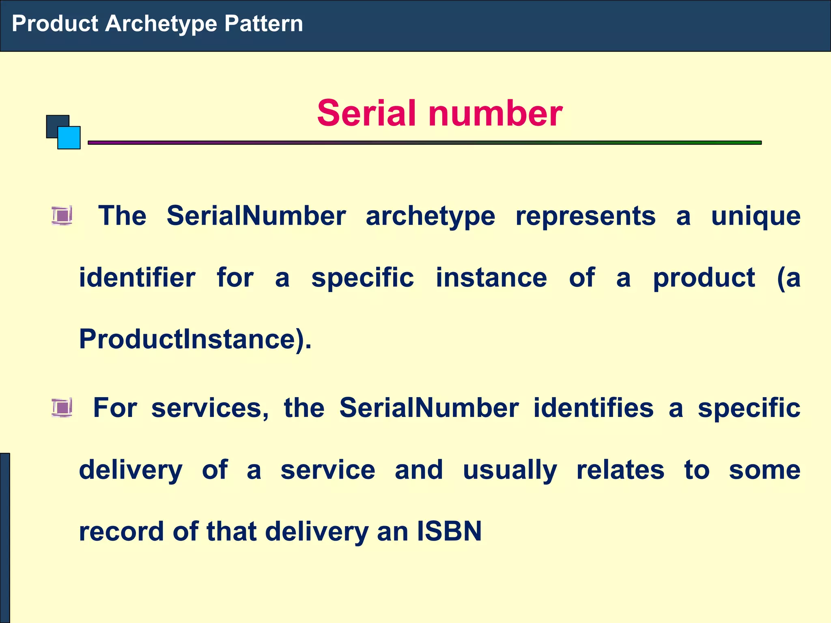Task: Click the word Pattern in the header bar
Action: tap(263, 24)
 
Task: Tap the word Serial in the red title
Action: tap(367, 113)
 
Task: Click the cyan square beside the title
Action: tap(69, 138)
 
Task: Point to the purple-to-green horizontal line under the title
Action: tap(424, 143)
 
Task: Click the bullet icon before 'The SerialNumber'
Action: tap(62, 215)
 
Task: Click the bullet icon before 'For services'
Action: tap(62, 407)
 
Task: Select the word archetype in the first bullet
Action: tap(431, 216)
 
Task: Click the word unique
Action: tap(756, 216)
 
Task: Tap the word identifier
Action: tap(137, 278)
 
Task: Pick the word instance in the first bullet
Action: tap(491, 278)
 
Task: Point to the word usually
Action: tap(510, 470)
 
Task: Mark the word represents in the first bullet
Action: tap(586, 216)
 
